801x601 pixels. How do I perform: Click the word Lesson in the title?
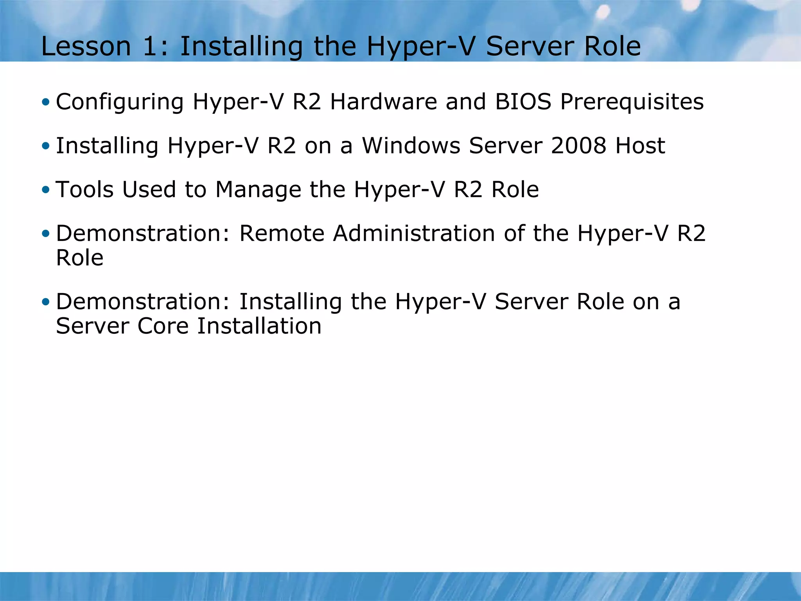(86, 46)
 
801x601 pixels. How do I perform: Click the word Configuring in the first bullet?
(120, 103)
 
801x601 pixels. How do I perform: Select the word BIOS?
(523, 102)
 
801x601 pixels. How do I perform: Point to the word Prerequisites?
(632, 103)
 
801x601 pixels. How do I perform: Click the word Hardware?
(383, 102)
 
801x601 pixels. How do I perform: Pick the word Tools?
(84, 190)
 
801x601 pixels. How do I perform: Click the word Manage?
(258, 191)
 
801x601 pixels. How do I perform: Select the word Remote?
(282, 234)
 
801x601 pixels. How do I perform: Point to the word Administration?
(414, 234)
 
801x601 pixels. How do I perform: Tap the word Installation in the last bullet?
(259, 326)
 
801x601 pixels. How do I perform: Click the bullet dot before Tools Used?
(46, 190)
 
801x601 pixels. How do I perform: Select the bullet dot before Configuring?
(46, 103)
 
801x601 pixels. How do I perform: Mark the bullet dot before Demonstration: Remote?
(46, 234)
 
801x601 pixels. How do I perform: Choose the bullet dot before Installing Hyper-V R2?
(46, 146)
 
